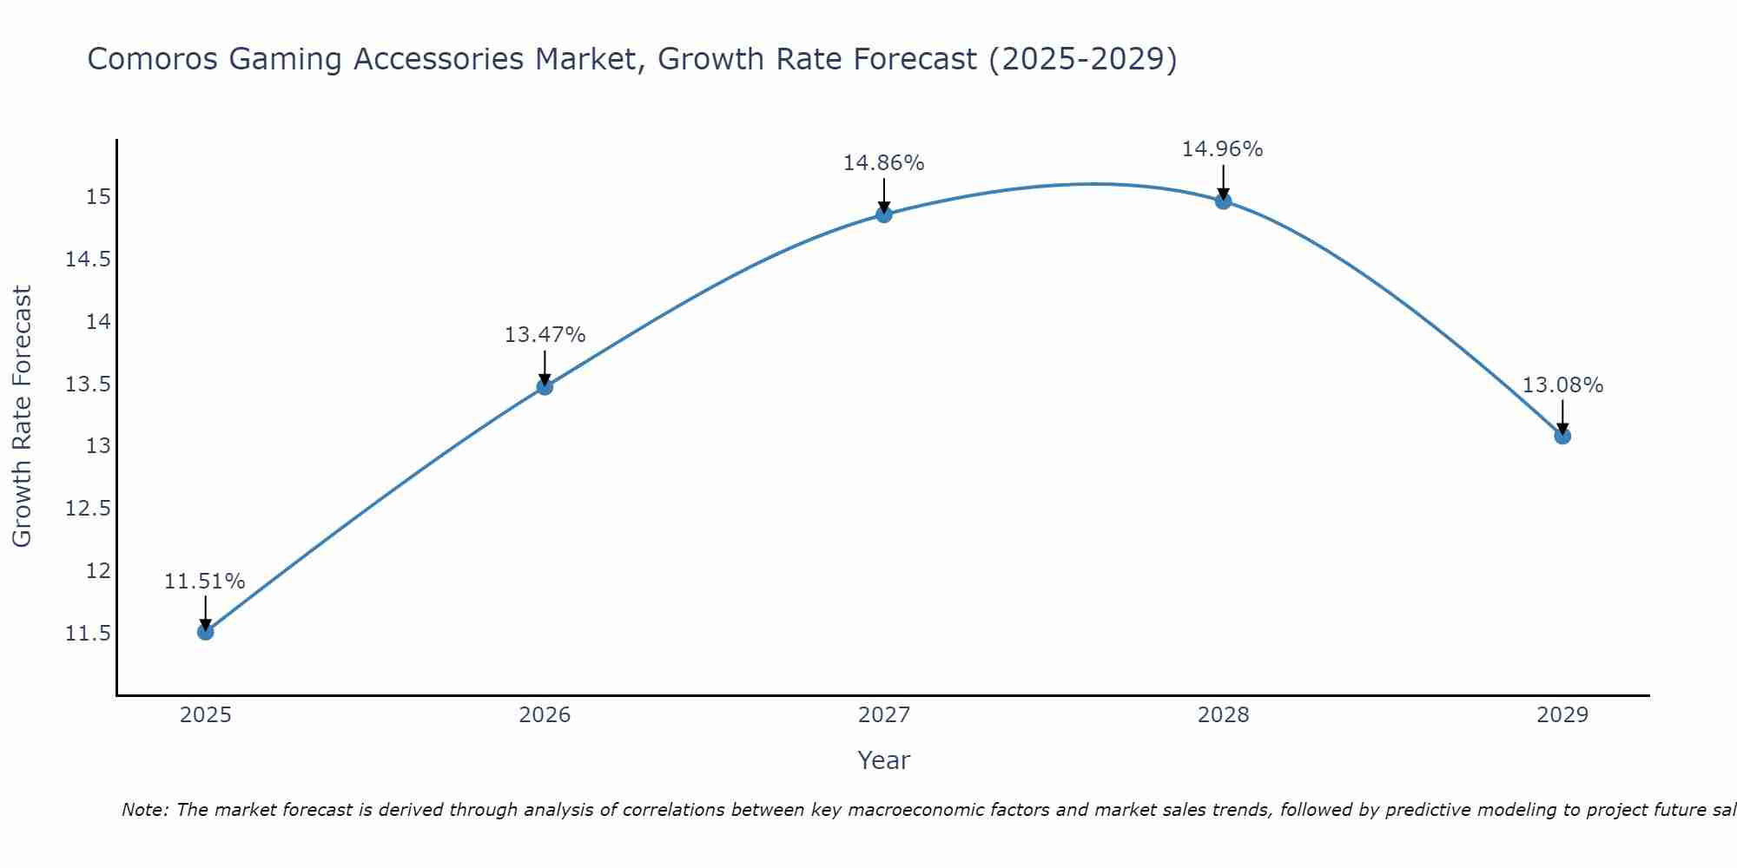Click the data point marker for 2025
206,632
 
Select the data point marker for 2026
545,386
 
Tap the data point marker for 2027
884,214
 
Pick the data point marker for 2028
1223,201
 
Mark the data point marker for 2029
1562,436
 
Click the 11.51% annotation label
205,582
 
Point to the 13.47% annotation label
545,335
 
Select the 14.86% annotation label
884,163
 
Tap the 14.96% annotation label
1223,149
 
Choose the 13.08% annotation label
1562,385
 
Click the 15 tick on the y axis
98,197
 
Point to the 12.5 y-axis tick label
89,509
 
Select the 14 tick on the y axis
98,322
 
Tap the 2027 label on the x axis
884,715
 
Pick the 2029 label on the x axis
1562,715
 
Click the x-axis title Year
884,761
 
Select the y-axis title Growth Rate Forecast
23,417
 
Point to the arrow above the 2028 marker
1223,181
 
